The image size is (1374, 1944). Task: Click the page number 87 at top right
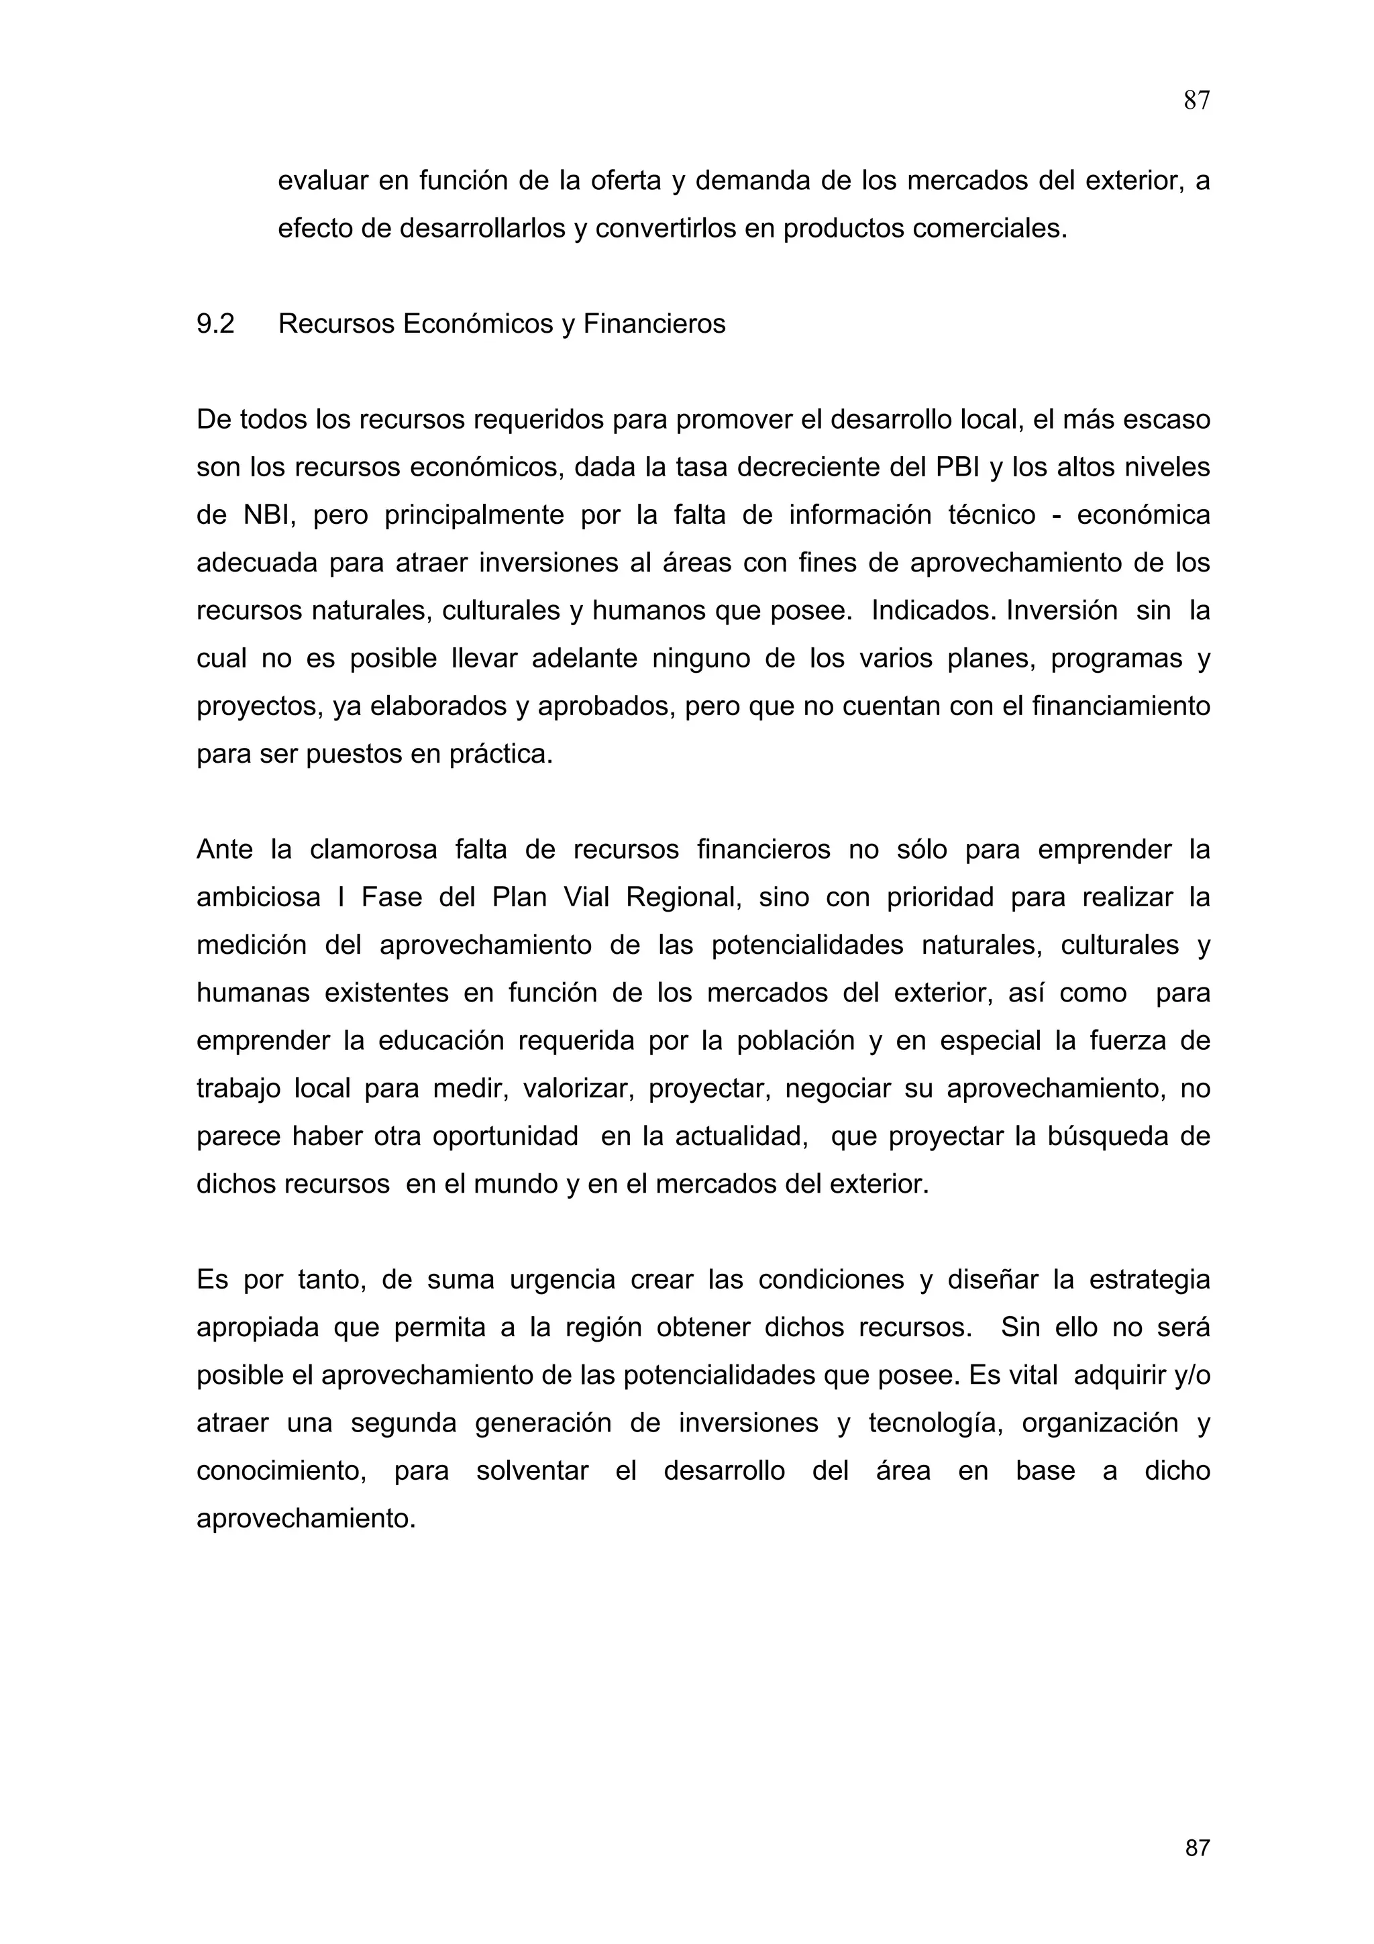pos(1196,101)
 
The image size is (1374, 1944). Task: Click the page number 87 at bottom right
pos(1197,1847)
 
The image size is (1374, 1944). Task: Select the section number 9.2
pos(215,324)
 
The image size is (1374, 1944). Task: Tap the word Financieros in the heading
pos(654,324)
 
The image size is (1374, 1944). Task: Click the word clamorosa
pos(373,849)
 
